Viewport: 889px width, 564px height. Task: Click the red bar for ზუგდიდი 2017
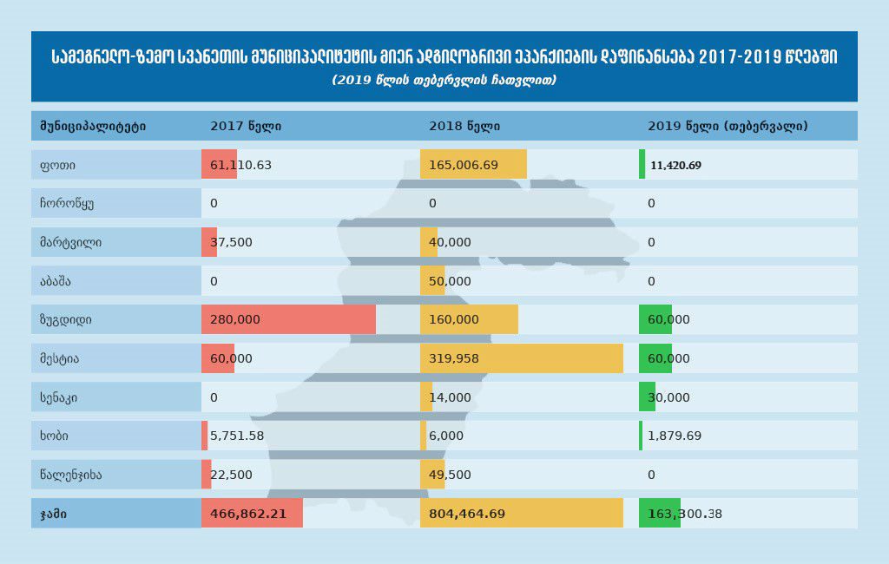288,319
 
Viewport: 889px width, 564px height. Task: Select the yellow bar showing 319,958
521,358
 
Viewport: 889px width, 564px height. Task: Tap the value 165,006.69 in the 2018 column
464,165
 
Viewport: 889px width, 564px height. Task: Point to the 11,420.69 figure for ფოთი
675,165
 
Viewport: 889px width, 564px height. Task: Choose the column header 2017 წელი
246,126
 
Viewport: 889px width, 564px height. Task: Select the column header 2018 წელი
464,126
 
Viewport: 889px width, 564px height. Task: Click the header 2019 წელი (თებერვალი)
728,126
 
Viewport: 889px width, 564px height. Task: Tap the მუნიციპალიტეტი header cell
92,126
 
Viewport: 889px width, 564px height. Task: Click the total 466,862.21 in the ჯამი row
248,514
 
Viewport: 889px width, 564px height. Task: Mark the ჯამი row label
53,514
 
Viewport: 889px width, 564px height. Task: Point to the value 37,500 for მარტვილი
231,242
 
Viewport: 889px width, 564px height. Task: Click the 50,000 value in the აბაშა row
450,281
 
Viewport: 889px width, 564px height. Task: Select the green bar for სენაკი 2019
647,397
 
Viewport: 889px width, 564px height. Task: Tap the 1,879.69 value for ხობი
675,436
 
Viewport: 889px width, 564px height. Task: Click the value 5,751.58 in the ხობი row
237,436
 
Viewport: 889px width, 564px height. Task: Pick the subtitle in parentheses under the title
444,80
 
